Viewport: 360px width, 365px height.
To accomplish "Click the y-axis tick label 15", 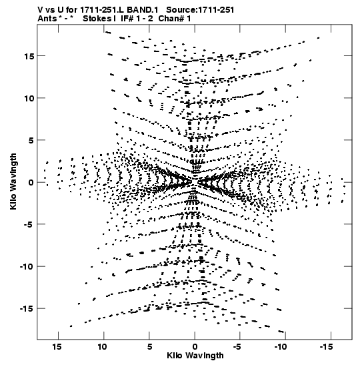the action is coord(29,56).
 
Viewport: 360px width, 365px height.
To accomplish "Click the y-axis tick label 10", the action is coord(29,98).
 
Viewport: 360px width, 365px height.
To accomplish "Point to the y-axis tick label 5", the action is coord(31,140).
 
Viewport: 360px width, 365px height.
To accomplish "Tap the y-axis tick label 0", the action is coord(31,183).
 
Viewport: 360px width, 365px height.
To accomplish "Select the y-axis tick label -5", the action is coord(29,225).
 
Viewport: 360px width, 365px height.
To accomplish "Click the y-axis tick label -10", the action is coord(27,266).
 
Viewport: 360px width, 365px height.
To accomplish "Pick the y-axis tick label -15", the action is coord(27,309).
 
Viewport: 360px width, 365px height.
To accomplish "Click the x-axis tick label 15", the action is coord(57,347).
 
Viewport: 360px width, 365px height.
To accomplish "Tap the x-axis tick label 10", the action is coord(102,347).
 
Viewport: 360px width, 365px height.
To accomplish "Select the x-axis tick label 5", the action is coord(149,347).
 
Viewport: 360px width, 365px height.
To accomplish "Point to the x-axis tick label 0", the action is coord(195,347).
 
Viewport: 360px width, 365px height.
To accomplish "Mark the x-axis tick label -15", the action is coord(326,347).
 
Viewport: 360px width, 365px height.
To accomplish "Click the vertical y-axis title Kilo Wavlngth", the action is coord(13,181).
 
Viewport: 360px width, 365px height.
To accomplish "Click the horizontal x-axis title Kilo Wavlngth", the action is coord(195,356).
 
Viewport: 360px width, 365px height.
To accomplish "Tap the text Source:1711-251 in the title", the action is coord(200,10).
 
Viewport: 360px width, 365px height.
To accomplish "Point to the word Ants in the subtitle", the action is coord(47,19).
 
